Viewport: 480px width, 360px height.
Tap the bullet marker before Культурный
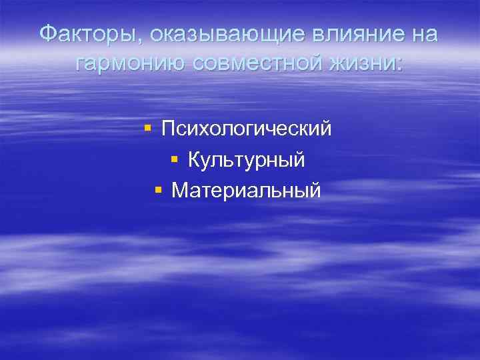[x=175, y=159]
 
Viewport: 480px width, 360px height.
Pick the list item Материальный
[x=246, y=191]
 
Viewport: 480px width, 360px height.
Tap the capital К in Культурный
[x=194, y=159]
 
